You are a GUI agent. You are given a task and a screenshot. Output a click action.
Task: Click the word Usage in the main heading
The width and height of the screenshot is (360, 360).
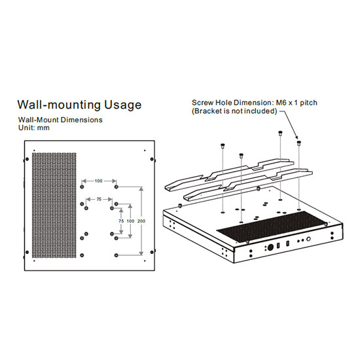click(x=122, y=105)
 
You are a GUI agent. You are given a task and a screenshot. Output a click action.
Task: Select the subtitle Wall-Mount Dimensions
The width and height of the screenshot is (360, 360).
click(x=60, y=120)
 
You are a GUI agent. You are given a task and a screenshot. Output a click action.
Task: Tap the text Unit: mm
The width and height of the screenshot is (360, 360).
click(x=34, y=128)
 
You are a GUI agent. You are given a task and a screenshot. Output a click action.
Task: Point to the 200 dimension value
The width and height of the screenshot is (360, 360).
click(x=141, y=221)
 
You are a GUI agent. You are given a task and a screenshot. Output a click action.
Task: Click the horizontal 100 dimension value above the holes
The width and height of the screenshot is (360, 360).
click(x=98, y=181)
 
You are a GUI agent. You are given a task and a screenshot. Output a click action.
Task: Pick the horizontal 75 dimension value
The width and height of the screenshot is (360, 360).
click(x=99, y=199)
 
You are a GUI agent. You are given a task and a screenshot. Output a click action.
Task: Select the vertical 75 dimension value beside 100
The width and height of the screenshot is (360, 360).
click(x=121, y=221)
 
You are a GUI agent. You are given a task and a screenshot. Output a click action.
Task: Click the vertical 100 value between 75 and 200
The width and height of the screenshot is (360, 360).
click(x=130, y=221)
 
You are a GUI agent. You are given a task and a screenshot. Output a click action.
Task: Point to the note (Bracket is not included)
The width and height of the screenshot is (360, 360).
click(x=234, y=111)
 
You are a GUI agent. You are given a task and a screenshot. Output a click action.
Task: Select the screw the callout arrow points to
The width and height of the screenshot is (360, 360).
click(x=298, y=143)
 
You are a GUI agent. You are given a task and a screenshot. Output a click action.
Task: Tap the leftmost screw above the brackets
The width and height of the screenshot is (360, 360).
click(x=223, y=145)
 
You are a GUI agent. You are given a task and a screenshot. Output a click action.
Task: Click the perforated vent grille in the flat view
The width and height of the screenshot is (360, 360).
click(x=54, y=205)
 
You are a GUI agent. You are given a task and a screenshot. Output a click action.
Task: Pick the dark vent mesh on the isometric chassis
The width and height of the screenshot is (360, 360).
click(x=272, y=227)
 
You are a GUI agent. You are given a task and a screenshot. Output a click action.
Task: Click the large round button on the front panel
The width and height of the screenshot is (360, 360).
click(x=270, y=247)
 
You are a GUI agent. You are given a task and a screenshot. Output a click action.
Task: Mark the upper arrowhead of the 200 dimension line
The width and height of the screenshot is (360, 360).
click(x=141, y=189)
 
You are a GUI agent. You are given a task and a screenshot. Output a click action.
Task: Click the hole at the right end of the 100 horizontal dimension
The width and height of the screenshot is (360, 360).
click(x=116, y=187)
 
